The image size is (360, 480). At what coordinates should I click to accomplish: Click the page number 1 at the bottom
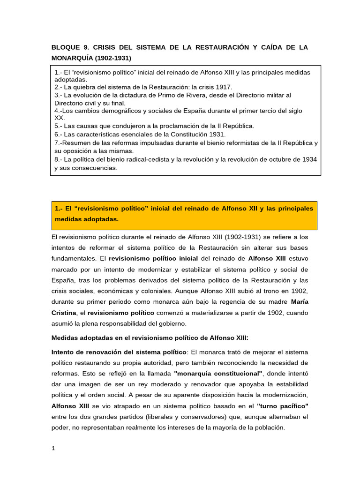point(53,448)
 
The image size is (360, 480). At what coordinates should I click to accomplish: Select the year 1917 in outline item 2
point(223,87)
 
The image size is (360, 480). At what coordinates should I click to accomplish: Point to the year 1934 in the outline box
point(309,159)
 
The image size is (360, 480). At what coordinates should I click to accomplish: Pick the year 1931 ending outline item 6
point(217,134)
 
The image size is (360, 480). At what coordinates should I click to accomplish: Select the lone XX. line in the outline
point(60,118)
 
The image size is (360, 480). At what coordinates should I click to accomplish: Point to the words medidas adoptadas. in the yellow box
point(87,219)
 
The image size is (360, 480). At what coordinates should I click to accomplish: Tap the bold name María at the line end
point(299,301)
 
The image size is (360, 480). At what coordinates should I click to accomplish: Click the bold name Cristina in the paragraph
point(64,312)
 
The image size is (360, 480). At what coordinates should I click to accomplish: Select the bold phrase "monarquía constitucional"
point(217,374)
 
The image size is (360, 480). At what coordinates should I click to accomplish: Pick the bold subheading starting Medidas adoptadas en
point(150,337)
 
